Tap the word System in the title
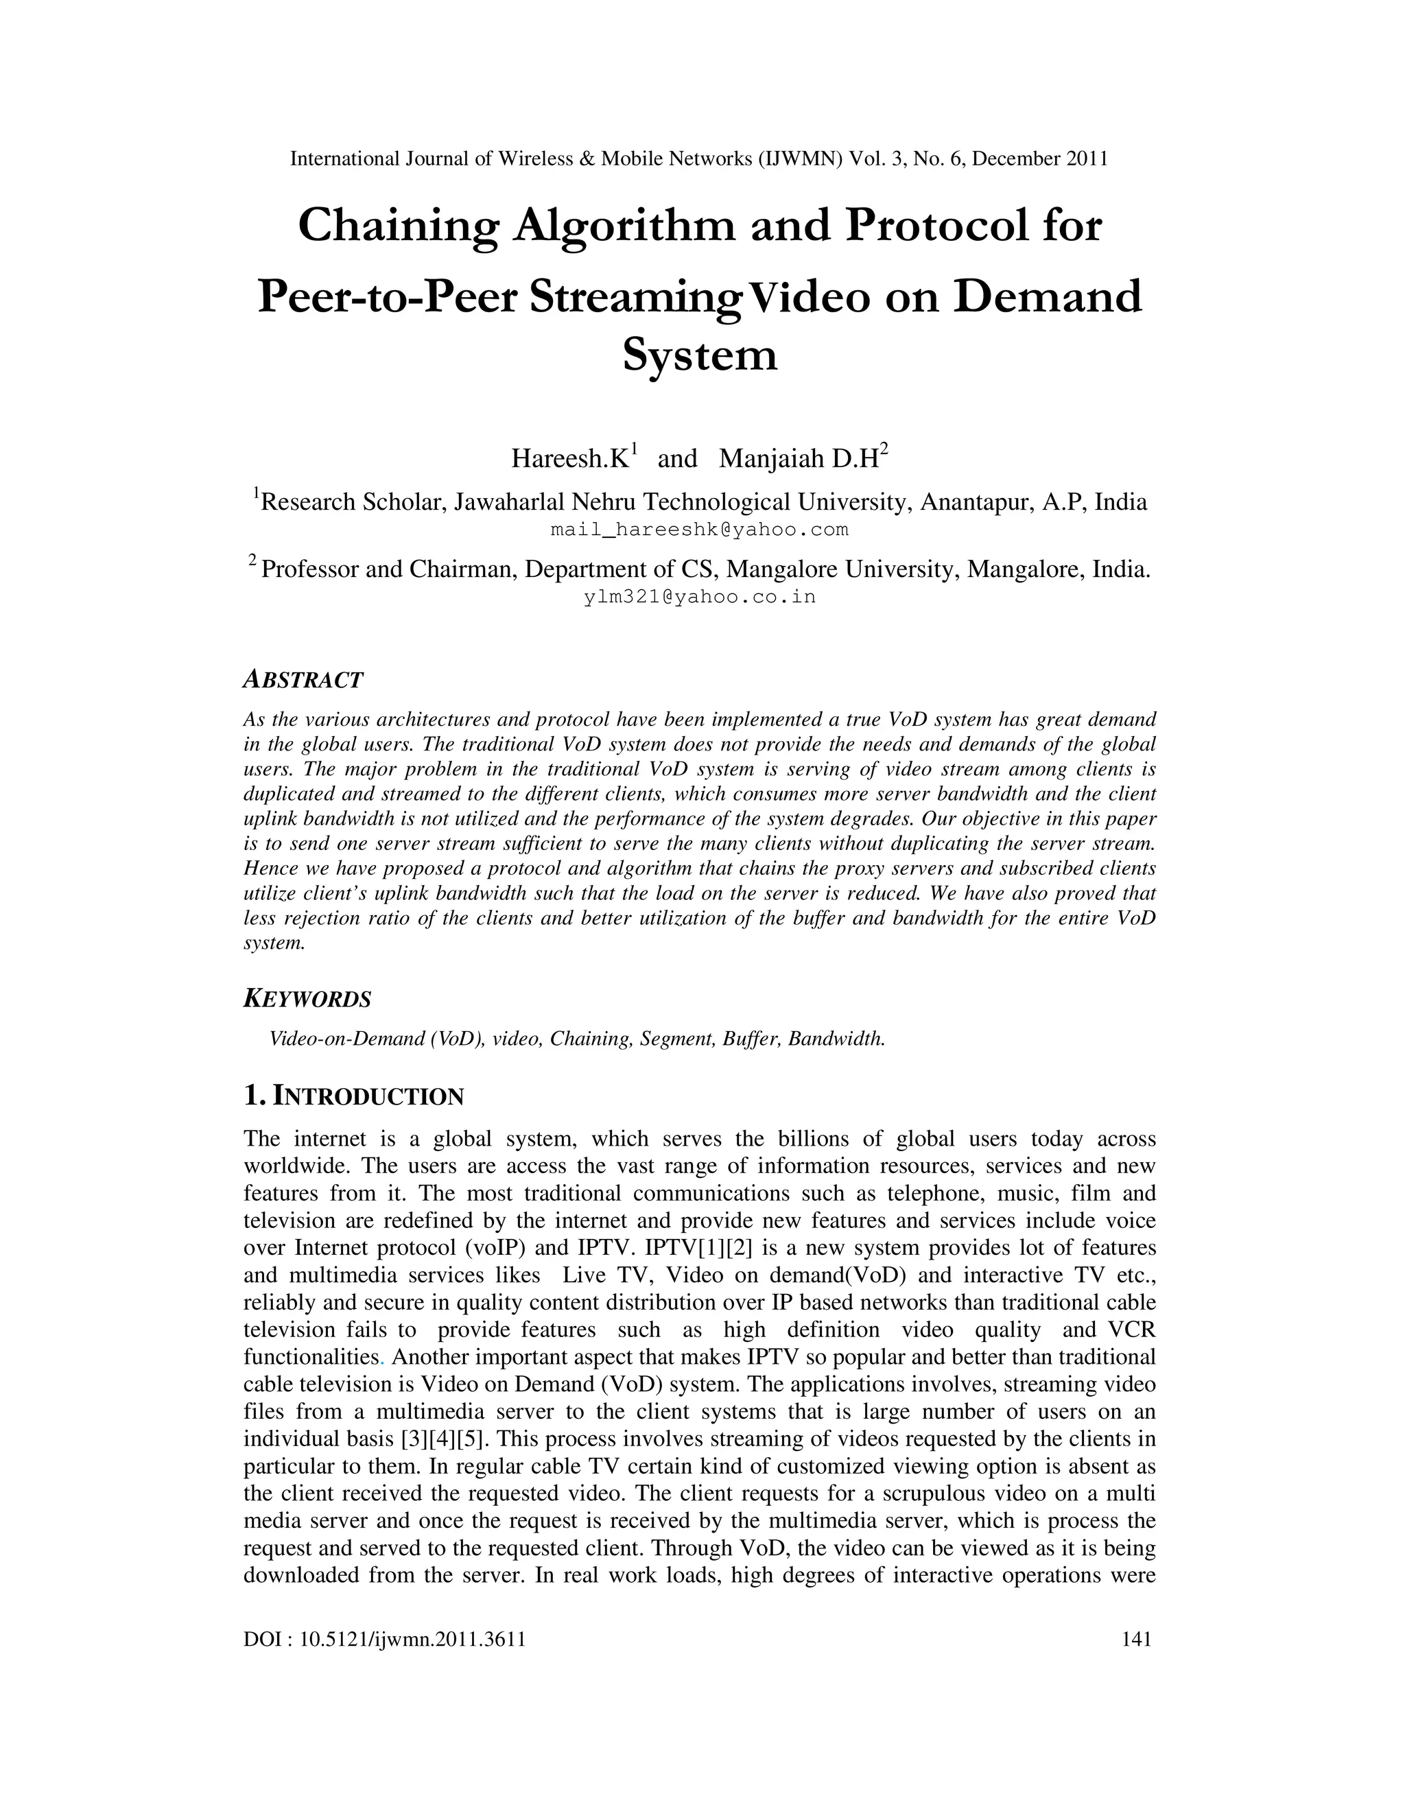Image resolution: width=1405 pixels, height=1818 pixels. click(700, 355)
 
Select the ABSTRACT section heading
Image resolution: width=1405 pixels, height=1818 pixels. click(303, 680)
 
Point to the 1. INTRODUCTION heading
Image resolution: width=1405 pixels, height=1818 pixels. click(354, 1096)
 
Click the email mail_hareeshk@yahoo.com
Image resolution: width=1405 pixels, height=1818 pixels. click(699, 530)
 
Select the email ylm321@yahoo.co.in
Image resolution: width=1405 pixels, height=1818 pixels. click(699, 597)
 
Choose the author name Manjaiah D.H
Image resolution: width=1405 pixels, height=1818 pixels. click(800, 459)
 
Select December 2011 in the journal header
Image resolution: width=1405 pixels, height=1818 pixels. click(1039, 159)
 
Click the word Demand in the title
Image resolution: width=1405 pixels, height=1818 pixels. click(1047, 297)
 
